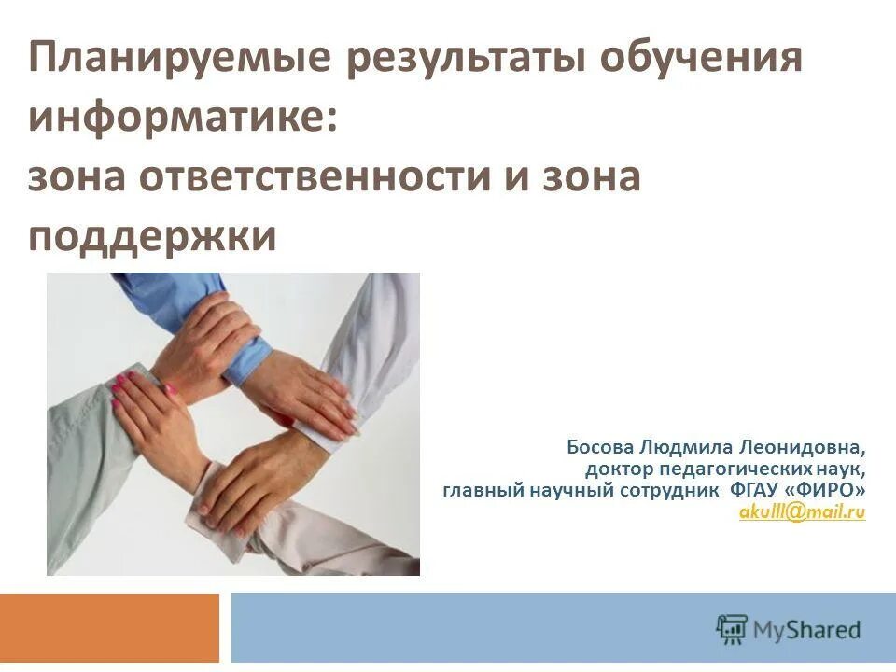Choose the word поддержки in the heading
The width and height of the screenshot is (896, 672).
[152, 236]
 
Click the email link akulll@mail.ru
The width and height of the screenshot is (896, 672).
[802, 511]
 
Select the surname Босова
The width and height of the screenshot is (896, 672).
[597, 447]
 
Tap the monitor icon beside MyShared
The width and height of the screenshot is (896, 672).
[733, 627]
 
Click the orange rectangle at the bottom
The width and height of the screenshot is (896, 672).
[109, 627]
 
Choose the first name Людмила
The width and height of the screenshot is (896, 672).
[690, 447]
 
